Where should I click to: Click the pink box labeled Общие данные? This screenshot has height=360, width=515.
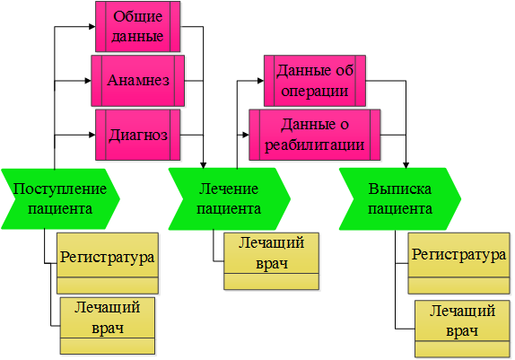[137, 27]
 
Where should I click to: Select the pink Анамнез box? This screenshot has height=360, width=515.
[137, 81]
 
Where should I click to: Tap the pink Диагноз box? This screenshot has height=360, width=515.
[137, 135]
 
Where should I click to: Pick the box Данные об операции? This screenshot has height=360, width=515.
[315, 81]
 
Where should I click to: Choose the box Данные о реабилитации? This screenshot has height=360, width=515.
[315, 135]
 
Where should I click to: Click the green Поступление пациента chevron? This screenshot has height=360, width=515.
[60, 198]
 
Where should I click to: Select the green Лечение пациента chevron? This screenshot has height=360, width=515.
[230, 198]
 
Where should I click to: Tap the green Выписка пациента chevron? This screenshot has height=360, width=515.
[400, 198]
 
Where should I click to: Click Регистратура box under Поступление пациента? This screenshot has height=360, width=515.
[108, 263]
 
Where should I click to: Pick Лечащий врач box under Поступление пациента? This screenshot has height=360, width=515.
[108, 326]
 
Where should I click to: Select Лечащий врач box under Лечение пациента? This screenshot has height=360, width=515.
[271, 261]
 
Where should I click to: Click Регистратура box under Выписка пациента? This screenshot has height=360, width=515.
[458, 263]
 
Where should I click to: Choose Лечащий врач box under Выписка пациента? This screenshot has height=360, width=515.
[462, 329]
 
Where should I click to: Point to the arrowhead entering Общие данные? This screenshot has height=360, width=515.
[92, 27]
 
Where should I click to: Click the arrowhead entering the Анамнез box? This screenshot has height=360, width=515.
[88, 81]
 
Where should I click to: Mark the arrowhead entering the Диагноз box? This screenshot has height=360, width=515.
[92, 135]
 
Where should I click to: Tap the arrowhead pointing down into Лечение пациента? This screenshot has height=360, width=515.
[204, 165]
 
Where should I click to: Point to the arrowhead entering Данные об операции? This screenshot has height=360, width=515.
[261, 81]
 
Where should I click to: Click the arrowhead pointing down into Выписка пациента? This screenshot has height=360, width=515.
[406, 165]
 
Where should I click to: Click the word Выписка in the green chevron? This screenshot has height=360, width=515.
[400, 189]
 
